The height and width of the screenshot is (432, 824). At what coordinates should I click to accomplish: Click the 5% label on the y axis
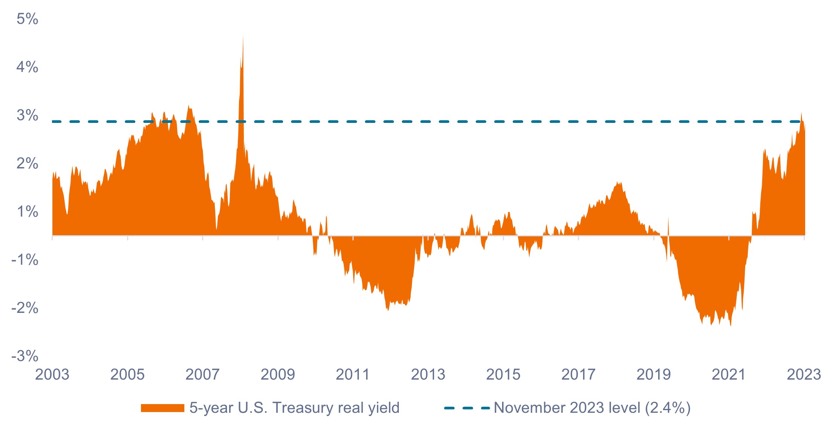[27, 19]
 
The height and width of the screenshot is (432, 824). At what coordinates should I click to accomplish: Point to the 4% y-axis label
[27, 67]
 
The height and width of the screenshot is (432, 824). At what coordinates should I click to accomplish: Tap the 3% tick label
[27, 115]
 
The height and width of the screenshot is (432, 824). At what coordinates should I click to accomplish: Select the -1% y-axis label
[25, 260]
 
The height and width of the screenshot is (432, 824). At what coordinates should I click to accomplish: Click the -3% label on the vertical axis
[25, 356]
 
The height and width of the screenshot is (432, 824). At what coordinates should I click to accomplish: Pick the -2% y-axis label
[25, 308]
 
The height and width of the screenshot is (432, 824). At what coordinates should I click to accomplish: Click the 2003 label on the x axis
[52, 375]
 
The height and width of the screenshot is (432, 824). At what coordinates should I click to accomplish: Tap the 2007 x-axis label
[202, 375]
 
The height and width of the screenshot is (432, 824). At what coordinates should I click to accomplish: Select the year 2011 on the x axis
[353, 375]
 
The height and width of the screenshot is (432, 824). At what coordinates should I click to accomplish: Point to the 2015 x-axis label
[503, 375]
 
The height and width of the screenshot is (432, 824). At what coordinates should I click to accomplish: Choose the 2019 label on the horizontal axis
[654, 375]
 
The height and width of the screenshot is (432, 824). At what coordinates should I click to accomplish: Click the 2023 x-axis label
[804, 375]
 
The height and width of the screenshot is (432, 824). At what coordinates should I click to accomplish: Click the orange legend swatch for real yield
[162, 408]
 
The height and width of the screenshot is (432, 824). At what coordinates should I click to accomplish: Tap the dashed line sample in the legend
[467, 408]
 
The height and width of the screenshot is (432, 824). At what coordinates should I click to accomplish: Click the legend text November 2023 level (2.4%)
[592, 408]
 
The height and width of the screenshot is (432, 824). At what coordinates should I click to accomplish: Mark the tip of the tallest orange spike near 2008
[243, 36]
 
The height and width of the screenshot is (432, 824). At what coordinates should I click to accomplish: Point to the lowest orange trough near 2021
[731, 326]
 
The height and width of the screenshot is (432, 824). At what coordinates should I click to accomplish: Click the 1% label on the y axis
[27, 212]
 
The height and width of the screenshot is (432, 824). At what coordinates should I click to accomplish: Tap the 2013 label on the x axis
[428, 375]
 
